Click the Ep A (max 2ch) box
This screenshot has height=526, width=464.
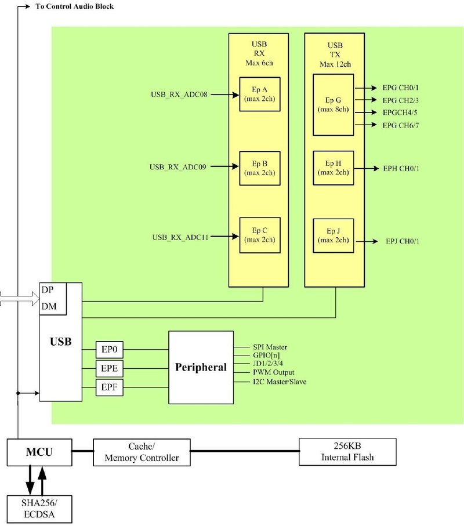[259, 95]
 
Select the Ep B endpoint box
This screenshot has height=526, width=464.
[259, 168]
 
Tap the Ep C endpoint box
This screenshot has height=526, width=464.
[259, 234]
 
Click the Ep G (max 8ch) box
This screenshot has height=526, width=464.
[333, 104]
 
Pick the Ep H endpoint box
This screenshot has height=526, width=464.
[333, 168]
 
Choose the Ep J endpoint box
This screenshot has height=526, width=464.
[333, 235]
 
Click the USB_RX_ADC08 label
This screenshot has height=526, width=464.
[179, 93]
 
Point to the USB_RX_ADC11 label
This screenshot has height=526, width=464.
[180, 237]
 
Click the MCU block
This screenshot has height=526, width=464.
[39, 452]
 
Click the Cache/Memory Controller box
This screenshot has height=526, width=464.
[141, 452]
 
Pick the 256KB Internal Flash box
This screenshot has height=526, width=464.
[347, 452]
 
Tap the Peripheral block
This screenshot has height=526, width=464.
[201, 368]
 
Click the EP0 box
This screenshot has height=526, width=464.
[110, 350]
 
